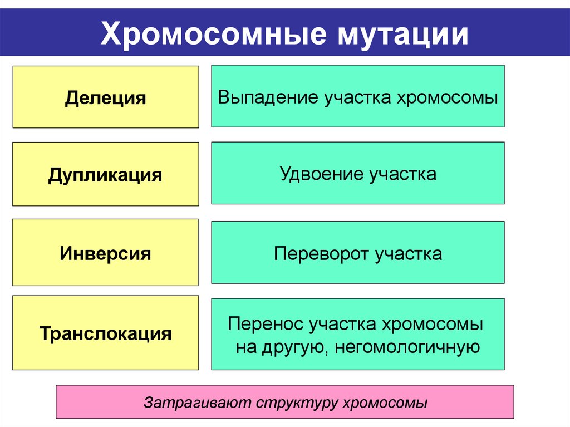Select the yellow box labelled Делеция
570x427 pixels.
point(106,98)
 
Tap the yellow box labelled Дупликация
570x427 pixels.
point(106,175)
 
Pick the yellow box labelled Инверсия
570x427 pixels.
point(106,253)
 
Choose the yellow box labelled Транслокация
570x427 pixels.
point(106,333)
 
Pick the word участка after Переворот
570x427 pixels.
point(409,254)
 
